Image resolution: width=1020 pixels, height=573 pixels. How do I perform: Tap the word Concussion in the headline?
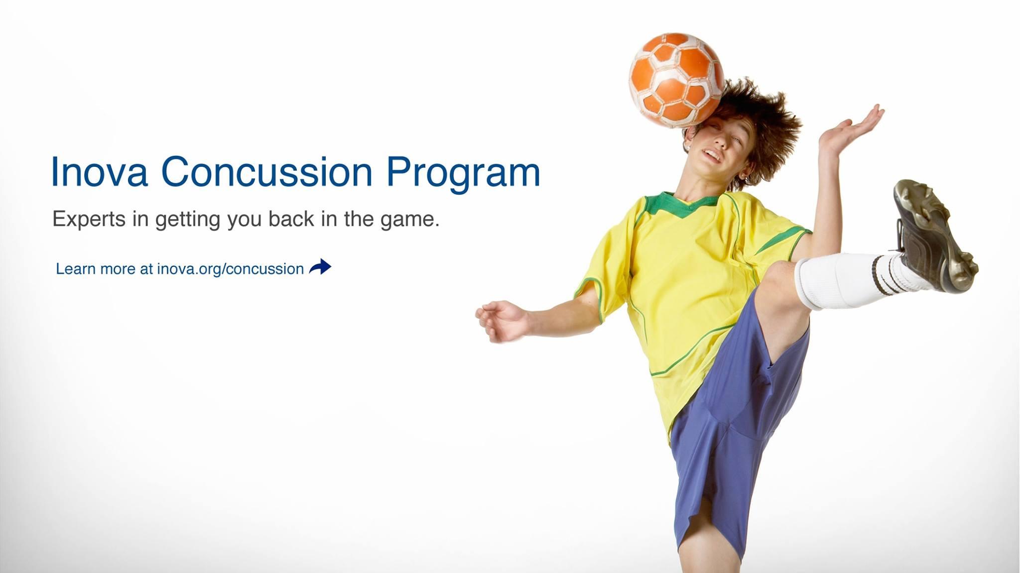point(266,171)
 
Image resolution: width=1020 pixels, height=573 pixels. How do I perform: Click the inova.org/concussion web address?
point(230,269)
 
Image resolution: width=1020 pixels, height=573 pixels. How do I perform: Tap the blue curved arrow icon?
point(320,267)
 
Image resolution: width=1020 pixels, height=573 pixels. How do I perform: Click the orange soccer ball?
point(676,80)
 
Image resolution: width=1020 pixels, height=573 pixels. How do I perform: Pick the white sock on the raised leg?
point(852,280)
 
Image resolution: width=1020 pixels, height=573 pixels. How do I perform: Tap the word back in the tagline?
point(291,219)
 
